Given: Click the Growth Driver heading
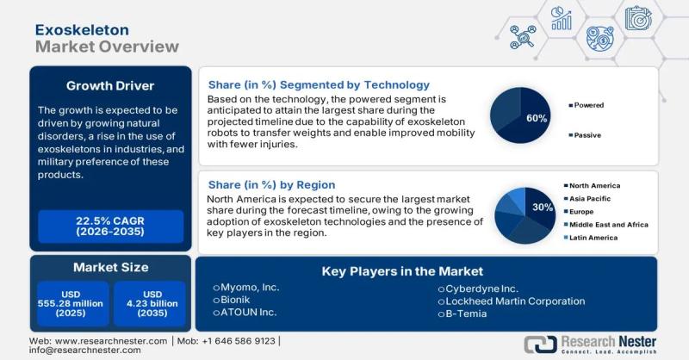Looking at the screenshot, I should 110,86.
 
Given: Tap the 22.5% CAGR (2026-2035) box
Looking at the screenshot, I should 110,227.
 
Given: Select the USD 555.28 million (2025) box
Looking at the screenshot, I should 72,303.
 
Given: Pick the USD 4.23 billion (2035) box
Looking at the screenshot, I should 149,303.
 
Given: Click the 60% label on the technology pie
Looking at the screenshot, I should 537,118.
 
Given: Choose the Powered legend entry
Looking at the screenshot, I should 590,105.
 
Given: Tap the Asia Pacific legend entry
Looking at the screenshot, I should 591,197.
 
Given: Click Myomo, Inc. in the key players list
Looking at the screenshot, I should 250,288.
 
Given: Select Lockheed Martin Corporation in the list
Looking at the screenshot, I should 514,301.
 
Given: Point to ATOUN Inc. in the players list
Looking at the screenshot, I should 249,313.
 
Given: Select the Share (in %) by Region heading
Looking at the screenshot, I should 271,185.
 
